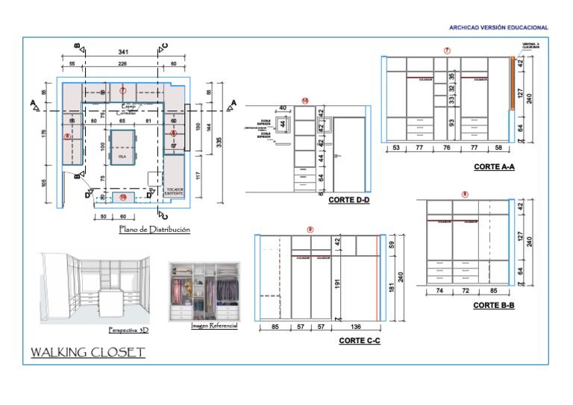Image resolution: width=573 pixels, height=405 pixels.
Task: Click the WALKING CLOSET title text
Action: pyautogui.click(x=87, y=352)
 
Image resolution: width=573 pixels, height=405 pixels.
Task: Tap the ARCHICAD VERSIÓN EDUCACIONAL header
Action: pyautogui.click(x=498, y=28)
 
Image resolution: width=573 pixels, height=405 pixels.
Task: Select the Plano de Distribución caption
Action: pyautogui.click(x=154, y=230)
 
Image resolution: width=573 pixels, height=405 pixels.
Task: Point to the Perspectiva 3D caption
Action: pyautogui.click(x=128, y=330)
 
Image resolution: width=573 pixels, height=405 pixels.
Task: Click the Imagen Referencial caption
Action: pyautogui.click(x=214, y=326)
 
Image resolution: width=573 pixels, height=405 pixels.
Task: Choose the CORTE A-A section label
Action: pyautogui.click(x=494, y=167)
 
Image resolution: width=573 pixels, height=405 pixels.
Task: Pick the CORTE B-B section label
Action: pyautogui.click(x=493, y=305)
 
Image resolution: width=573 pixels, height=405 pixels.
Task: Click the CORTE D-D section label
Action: pyautogui.click(x=349, y=199)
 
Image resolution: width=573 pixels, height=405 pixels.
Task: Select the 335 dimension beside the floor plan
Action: pyautogui.click(x=219, y=142)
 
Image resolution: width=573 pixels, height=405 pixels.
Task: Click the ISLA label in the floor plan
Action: pyautogui.click(x=121, y=158)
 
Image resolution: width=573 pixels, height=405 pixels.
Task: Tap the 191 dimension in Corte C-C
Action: pyautogui.click(x=337, y=285)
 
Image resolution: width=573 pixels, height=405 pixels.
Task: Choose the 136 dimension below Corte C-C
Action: pyautogui.click(x=357, y=327)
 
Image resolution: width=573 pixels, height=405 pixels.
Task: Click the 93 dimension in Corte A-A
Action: pyautogui.click(x=452, y=122)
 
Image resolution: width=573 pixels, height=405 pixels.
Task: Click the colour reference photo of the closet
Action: pyautogui.click(x=204, y=292)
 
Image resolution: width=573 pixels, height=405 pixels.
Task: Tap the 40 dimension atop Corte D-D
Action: pyautogui.click(x=283, y=107)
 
